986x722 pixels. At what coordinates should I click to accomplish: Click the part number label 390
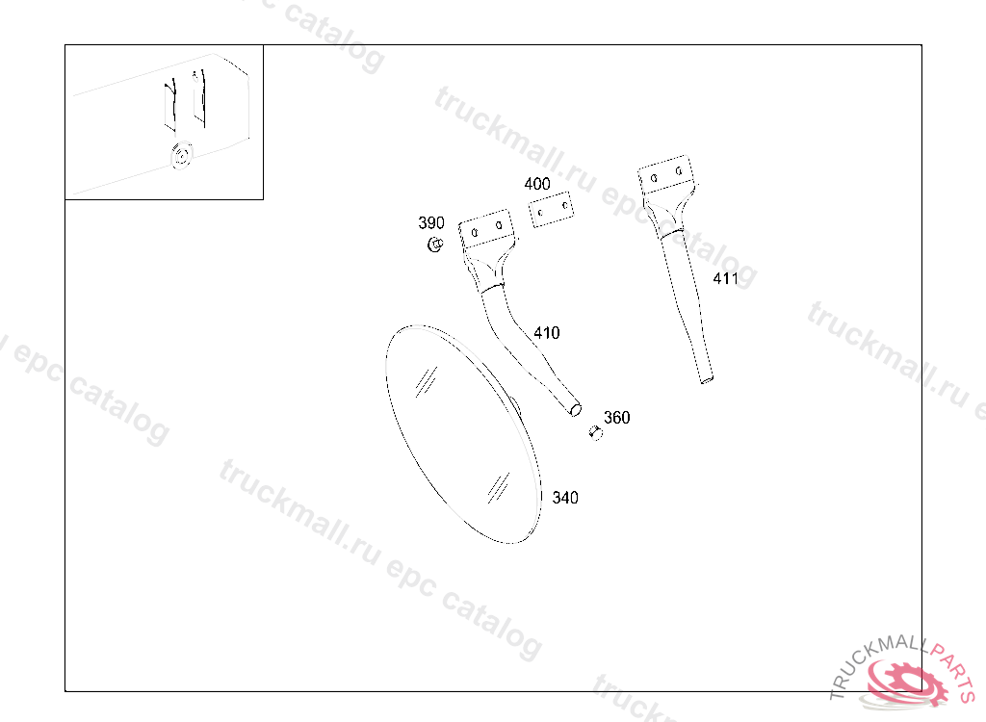431,223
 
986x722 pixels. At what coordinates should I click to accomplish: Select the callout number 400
537,184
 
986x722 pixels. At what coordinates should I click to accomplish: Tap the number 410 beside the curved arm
546,334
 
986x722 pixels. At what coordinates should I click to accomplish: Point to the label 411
725,279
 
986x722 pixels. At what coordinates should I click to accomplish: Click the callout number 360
616,418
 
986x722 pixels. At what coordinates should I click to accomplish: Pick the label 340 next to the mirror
565,498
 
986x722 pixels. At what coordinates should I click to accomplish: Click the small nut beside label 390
434,245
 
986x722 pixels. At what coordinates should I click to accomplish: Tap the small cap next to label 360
594,435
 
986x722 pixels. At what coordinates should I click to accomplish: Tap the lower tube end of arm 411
707,379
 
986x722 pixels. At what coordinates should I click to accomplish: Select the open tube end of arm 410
576,410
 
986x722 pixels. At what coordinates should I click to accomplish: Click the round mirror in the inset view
180,155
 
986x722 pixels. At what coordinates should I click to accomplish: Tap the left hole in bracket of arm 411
655,178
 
